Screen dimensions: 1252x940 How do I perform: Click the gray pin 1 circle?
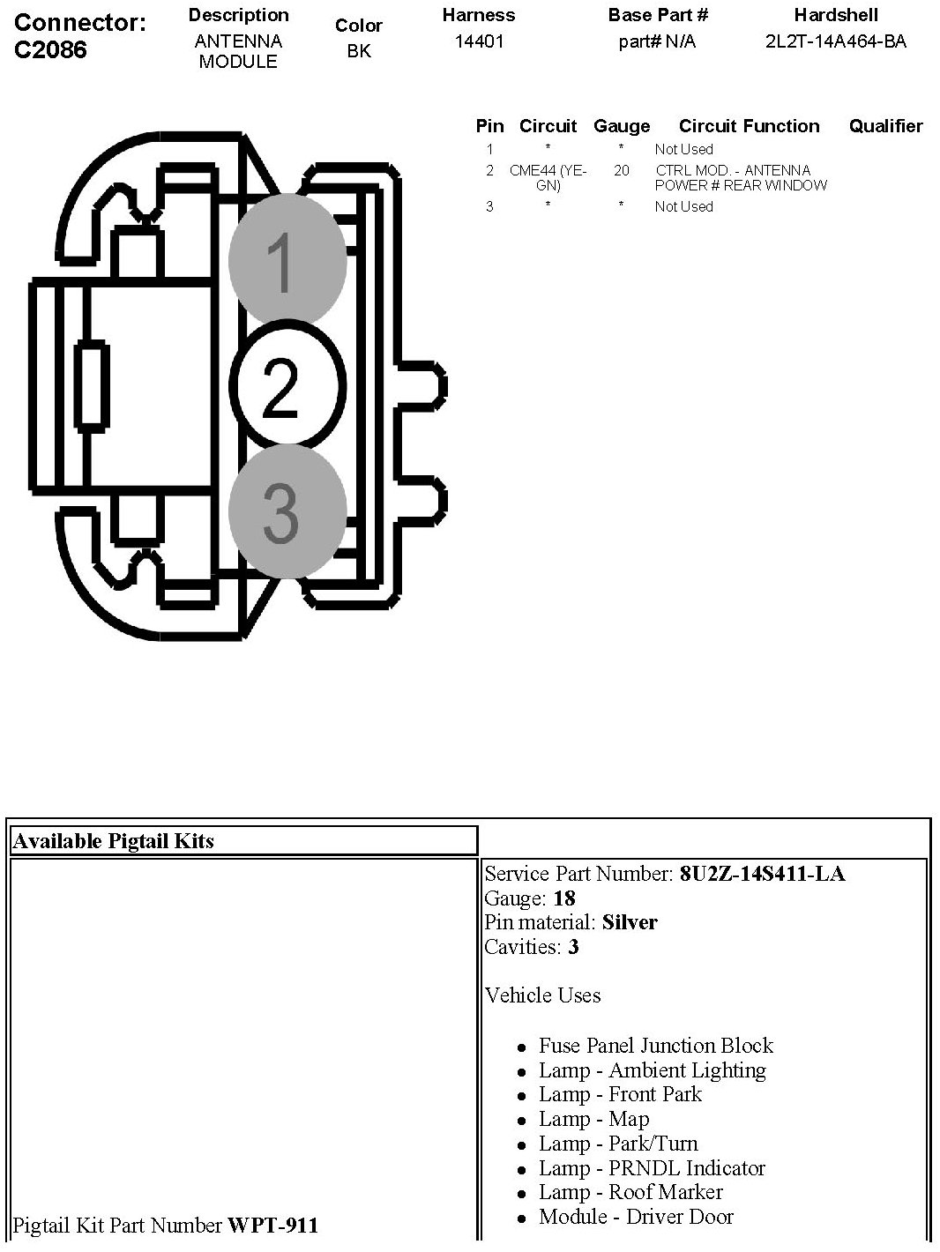(287, 260)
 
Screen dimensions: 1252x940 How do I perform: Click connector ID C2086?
(51, 49)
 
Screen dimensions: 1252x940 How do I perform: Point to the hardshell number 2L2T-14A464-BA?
(835, 41)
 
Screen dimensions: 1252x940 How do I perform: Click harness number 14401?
(479, 41)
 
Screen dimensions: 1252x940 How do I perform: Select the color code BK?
(359, 51)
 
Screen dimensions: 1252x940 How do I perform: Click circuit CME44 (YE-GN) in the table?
(548, 177)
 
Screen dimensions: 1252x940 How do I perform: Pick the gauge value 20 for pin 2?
(622, 170)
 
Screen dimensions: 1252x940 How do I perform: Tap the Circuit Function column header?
(749, 126)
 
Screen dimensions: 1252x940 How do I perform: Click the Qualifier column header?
(885, 126)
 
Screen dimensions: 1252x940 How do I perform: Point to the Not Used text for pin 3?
(683, 206)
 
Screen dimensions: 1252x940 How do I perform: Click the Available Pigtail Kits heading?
(114, 840)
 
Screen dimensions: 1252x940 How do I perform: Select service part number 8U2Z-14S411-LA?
(762, 874)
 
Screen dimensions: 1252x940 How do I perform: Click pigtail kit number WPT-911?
(273, 1225)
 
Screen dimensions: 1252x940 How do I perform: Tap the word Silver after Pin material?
(630, 922)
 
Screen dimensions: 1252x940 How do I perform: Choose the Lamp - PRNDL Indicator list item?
(652, 1168)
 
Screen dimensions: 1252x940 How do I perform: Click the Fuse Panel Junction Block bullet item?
(656, 1046)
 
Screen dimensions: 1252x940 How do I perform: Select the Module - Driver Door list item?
(636, 1217)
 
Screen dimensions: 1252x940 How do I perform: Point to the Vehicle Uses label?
(542, 995)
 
